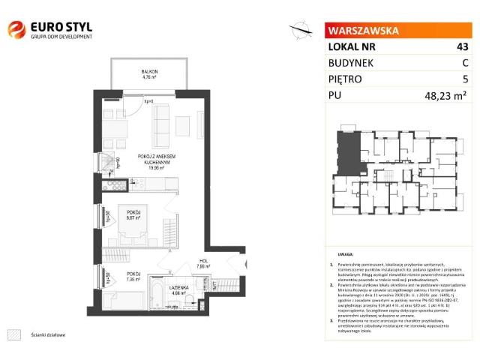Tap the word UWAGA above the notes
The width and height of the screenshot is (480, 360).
point(346,255)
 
